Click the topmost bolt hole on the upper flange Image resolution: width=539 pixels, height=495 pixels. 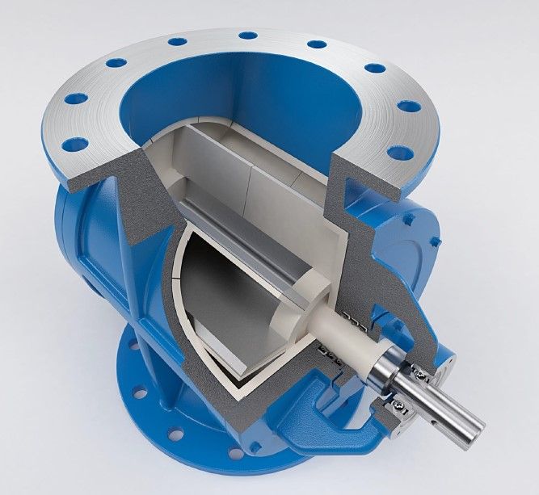[x=247, y=36]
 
